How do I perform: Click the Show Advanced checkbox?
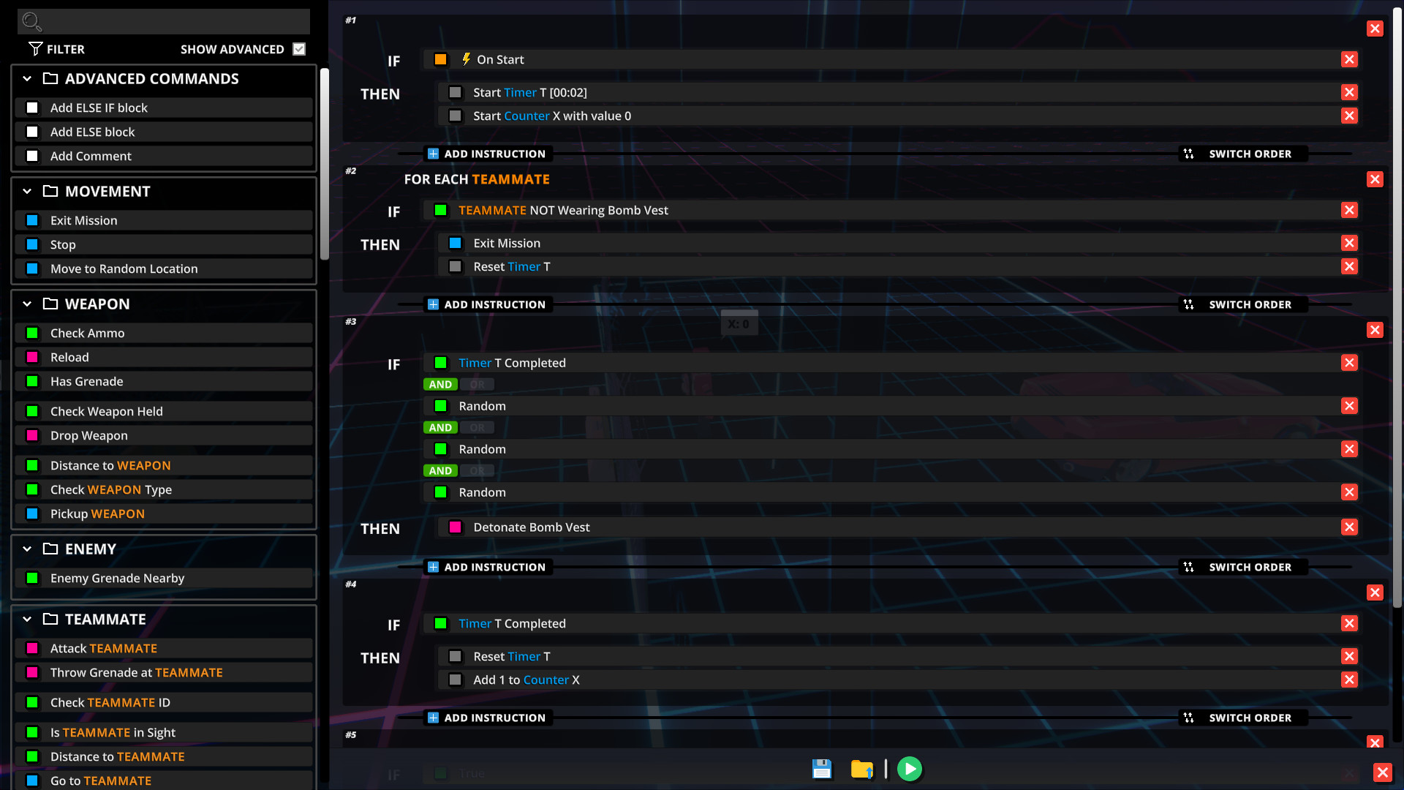(x=299, y=49)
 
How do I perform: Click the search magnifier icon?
(x=31, y=21)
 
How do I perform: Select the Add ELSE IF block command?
(x=99, y=108)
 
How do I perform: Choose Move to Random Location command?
(x=124, y=269)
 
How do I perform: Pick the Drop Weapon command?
(x=88, y=436)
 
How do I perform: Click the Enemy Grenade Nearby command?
(x=117, y=579)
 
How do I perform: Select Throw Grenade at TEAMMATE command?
(x=136, y=673)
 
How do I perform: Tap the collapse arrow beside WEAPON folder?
(x=27, y=304)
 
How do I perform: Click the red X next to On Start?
(x=1349, y=60)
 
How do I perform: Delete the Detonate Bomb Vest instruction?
(x=1349, y=527)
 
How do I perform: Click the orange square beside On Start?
(x=440, y=60)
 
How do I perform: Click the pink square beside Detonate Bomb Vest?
(x=455, y=527)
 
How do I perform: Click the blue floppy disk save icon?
(x=822, y=769)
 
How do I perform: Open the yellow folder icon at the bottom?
(x=862, y=769)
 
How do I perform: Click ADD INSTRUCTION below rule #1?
(x=487, y=154)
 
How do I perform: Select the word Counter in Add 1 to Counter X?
(x=546, y=680)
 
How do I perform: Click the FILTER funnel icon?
(x=35, y=49)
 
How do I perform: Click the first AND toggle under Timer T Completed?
(x=440, y=385)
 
